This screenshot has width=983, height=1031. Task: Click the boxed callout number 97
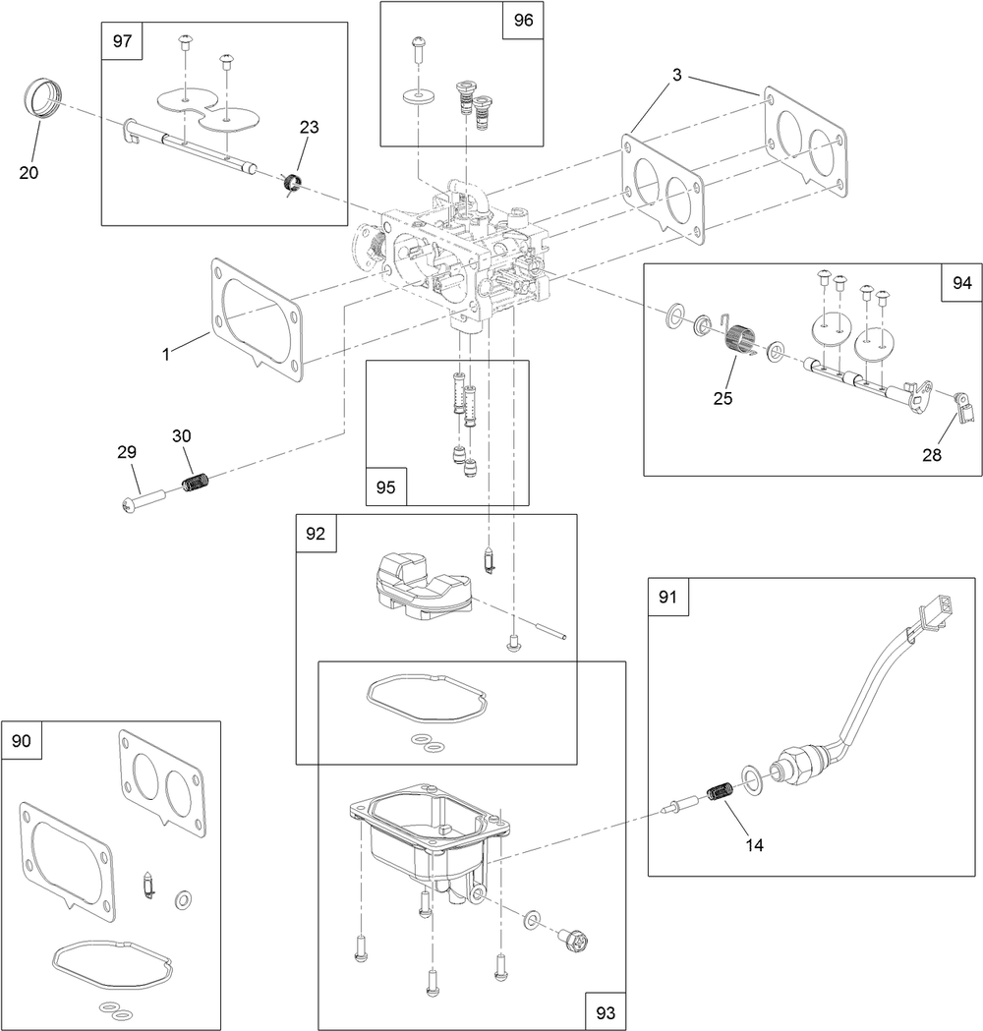tap(122, 42)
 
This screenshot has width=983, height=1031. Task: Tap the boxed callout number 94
tap(961, 283)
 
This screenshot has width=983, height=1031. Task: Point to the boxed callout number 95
tap(385, 486)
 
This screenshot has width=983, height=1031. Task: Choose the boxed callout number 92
tap(316, 534)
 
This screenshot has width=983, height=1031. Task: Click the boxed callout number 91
tap(667, 598)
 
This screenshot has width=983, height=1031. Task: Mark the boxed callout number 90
tap(22, 741)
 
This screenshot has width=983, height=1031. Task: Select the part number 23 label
tap(310, 127)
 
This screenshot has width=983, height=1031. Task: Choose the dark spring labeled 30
tap(199, 483)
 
